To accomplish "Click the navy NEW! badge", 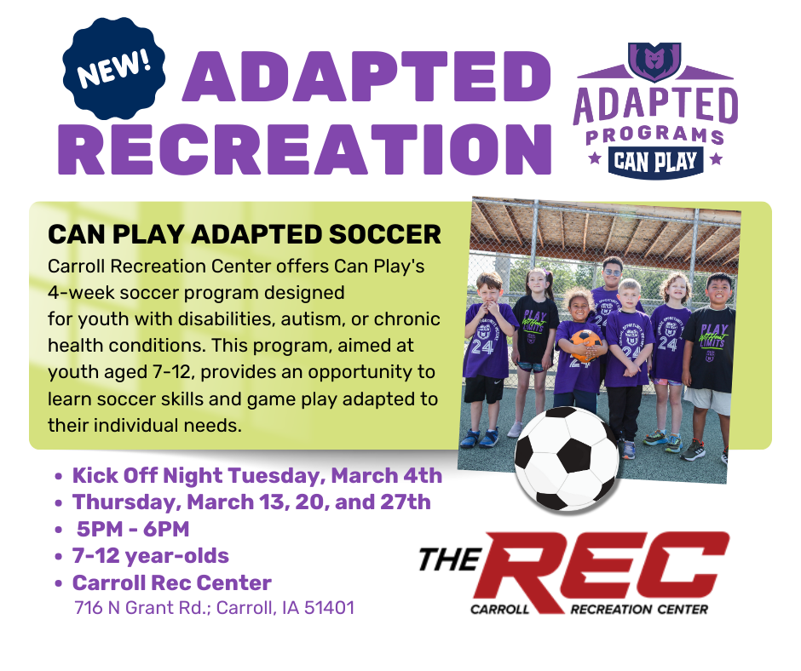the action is pos(114,68).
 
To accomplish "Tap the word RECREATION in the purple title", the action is pos(305,149).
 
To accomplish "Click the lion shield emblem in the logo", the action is pos(654,61).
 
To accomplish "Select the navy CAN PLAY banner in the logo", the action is pos(655,162).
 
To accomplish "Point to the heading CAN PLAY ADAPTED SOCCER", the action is pos(245,234).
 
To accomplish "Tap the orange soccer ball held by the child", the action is pos(585,345).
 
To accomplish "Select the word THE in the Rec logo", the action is pos(451,559).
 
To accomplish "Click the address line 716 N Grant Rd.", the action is pos(215,608).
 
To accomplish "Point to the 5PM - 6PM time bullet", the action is pos(133,529).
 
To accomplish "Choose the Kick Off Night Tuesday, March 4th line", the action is pos(257,475).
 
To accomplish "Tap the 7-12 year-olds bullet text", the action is pos(151,555).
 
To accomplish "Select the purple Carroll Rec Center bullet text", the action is pos(171,582).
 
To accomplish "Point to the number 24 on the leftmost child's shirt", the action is pos(482,347).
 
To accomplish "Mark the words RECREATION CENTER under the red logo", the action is pos(639,609).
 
